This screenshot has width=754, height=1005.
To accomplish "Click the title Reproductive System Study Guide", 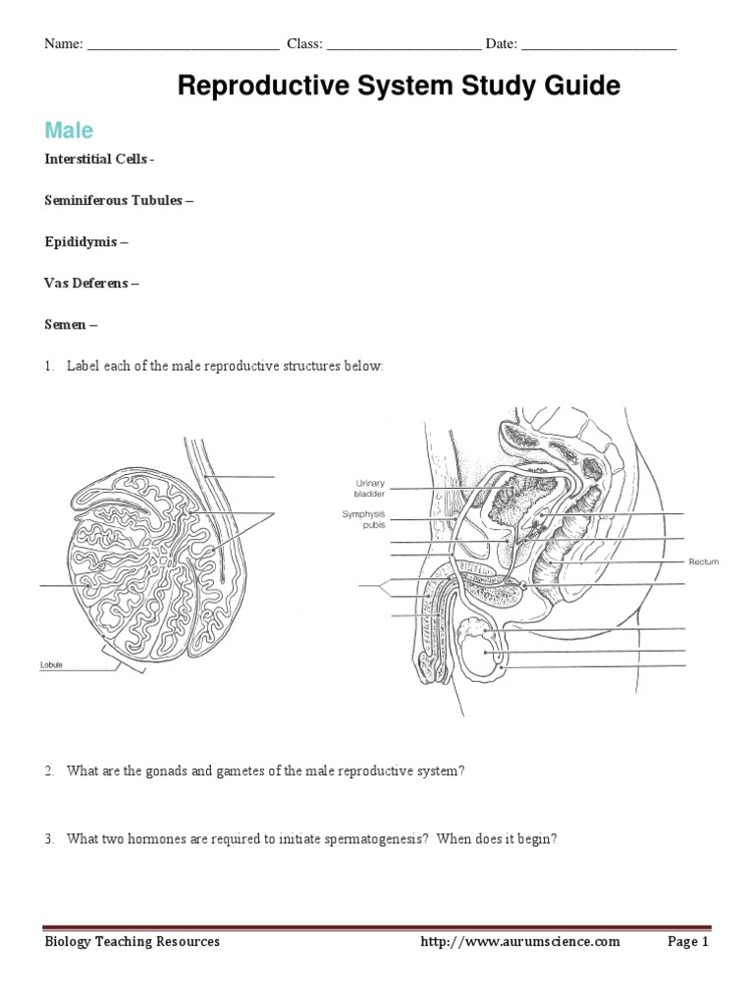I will pyautogui.click(x=399, y=86).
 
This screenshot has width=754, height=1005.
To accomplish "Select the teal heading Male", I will pyautogui.click(x=69, y=130).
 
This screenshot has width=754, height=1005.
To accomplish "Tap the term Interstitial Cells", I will pyautogui.click(x=96, y=159).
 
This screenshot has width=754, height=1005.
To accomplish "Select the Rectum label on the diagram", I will pyautogui.click(x=703, y=561).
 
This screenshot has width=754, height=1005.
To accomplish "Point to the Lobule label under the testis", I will pyautogui.click(x=51, y=664).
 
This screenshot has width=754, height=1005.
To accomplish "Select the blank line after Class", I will pyautogui.click(x=404, y=46).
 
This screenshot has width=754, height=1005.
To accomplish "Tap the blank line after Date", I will pyautogui.click(x=598, y=46).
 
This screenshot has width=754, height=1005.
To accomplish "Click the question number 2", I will pyautogui.click(x=49, y=771).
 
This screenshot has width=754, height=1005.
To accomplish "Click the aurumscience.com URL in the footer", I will pyautogui.click(x=520, y=942).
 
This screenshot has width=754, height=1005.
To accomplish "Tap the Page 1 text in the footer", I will pyautogui.click(x=687, y=942).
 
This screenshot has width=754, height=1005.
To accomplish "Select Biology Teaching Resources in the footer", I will pyautogui.click(x=134, y=942).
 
